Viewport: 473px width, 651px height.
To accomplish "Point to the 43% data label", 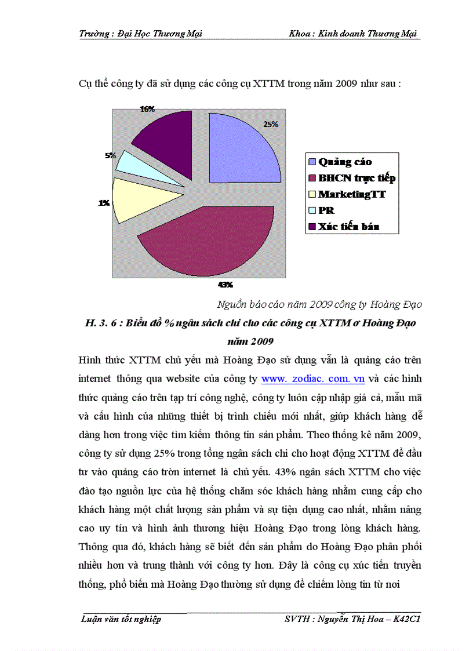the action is click(225, 285).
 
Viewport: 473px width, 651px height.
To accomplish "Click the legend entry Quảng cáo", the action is click(345, 162).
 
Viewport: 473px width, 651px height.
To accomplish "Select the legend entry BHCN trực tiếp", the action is click(356, 178).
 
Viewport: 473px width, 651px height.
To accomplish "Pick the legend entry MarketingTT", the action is click(352, 194).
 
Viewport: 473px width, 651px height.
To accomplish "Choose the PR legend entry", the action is click(326, 210).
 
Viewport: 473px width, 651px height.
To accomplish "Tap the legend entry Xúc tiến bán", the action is click(348, 227).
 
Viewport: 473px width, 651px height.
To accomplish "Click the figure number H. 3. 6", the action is click(101, 323).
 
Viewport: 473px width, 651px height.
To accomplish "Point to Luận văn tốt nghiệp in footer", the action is click(120, 619).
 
